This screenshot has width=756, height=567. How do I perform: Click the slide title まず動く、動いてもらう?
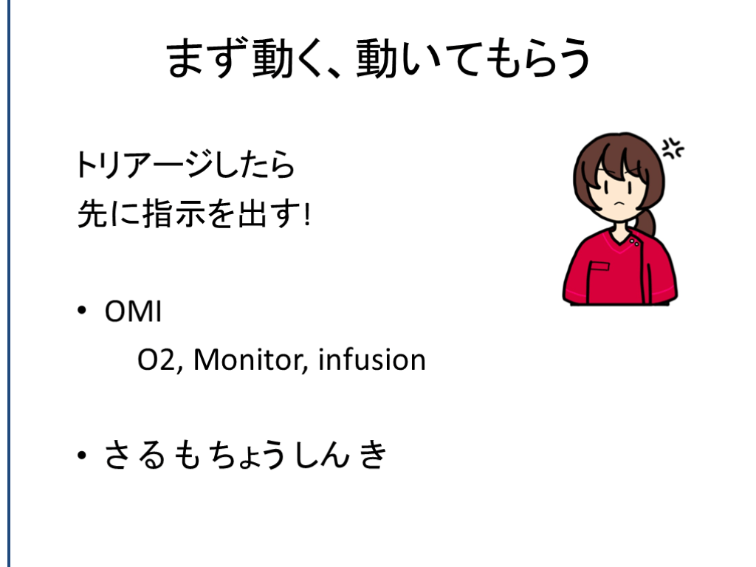coord(378,59)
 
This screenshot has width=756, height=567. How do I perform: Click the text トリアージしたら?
coord(185,164)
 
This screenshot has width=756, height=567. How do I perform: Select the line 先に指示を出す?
coord(194,213)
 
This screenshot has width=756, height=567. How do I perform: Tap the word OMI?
coord(133,312)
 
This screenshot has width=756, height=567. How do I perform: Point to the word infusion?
coord(372,360)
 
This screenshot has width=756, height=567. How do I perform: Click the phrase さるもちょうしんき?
coord(245,454)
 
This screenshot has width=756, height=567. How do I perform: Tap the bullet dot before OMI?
coord(81,311)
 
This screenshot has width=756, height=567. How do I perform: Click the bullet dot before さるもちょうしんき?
coord(81,455)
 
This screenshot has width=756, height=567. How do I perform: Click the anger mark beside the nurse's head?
coord(673,148)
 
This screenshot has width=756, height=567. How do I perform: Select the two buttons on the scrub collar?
coord(634,242)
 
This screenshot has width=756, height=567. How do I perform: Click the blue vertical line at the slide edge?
coord(9,283)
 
